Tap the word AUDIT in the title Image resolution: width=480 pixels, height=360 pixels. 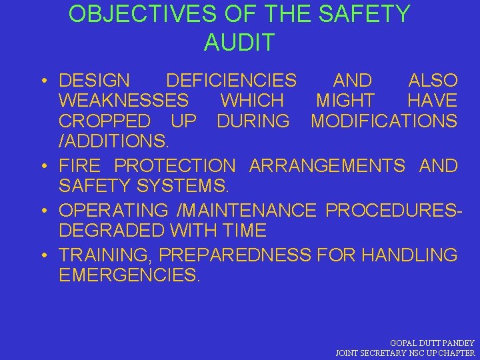[x=239, y=43]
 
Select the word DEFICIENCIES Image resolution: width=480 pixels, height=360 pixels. [x=231, y=81]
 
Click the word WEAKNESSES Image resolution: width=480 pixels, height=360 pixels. [x=124, y=101]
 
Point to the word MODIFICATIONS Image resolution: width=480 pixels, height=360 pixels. [x=384, y=122]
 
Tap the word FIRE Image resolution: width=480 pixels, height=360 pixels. [x=80, y=165]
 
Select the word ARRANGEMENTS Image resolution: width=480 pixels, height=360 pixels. [x=327, y=165]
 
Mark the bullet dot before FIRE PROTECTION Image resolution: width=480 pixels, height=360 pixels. [x=42, y=166]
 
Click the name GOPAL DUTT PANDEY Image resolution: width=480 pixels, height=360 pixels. [x=432, y=342]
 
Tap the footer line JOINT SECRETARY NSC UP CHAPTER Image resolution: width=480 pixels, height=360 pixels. [x=405, y=353]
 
